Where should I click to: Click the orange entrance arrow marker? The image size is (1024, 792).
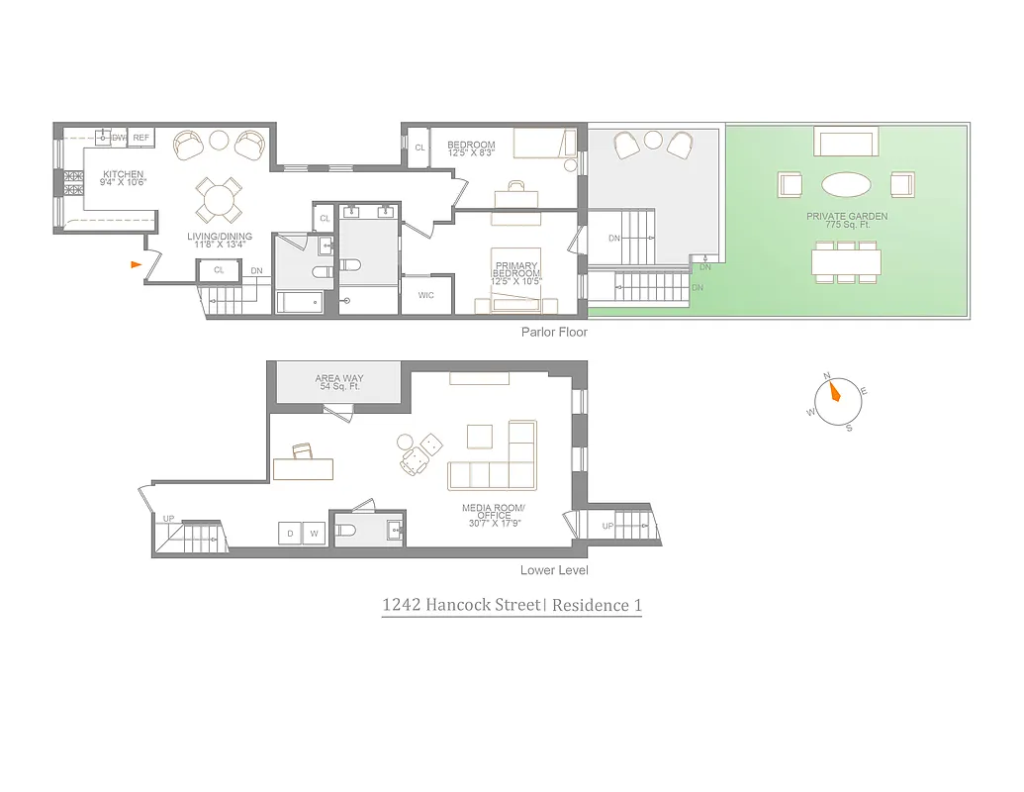[x=136, y=263]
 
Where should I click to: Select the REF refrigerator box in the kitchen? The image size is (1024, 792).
[x=141, y=138]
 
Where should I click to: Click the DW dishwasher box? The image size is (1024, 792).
[x=119, y=138]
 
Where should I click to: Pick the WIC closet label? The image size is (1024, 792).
[x=425, y=295]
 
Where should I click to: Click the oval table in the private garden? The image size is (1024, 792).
[x=847, y=184]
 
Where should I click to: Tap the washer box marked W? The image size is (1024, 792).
[x=314, y=534]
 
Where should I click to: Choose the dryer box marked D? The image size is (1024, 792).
[x=290, y=534]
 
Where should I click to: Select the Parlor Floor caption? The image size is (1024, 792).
[x=554, y=333]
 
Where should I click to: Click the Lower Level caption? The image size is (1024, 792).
[x=554, y=570]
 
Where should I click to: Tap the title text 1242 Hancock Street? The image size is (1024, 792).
[x=461, y=605]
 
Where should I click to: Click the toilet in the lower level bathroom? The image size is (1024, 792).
[x=346, y=532]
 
